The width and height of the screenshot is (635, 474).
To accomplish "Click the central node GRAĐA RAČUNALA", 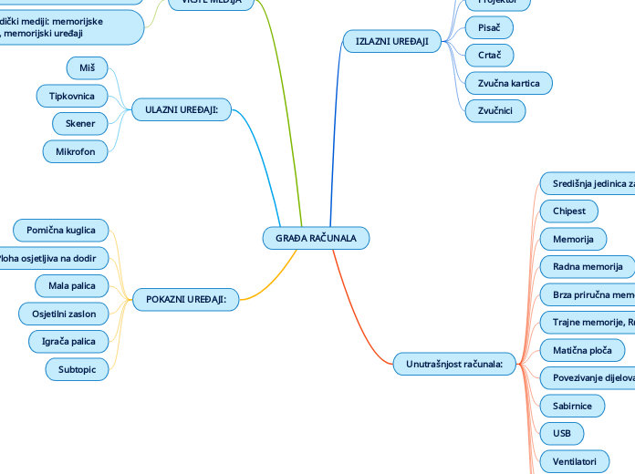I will [316, 238].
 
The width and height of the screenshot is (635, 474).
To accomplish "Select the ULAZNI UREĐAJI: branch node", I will [182, 109].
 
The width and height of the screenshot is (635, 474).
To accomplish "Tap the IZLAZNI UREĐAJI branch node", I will [391, 41].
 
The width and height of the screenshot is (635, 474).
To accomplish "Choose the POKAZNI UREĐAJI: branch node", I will [186, 298].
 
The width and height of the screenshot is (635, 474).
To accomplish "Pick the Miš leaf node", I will [88, 67].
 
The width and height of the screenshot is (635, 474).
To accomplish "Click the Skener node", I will [80, 123].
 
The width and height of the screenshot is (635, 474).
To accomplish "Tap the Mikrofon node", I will [76, 151].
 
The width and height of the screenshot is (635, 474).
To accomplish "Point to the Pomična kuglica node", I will [61, 230].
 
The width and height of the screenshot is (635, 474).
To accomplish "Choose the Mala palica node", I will [71, 286].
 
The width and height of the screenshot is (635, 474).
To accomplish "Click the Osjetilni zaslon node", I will [64, 314].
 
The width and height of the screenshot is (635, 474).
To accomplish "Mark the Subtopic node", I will [77, 369].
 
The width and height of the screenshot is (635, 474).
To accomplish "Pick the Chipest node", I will [569, 211].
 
